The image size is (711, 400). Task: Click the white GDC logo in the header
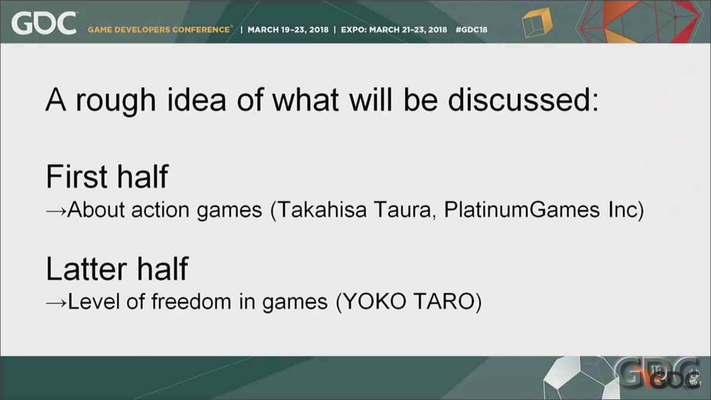tap(44, 23)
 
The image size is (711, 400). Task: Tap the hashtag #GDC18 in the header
tap(471, 29)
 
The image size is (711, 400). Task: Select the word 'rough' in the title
tap(116, 101)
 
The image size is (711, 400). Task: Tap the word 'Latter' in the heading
tap(86, 269)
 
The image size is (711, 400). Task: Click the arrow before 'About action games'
tap(56, 210)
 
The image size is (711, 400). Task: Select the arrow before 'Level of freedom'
tap(56, 303)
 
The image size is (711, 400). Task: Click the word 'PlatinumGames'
tap(522, 210)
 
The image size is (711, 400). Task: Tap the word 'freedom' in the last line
tap(191, 302)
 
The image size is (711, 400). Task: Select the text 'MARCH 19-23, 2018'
tap(288, 30)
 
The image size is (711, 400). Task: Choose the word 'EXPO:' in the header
tap(354, 30)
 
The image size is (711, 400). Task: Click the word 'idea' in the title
tap(196, 100)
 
